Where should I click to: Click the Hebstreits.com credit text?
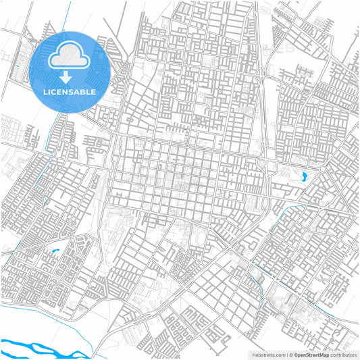tap(267, 354)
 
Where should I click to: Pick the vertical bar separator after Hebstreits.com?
tap(286, 354)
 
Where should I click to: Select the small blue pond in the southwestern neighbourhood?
tap(53, 252)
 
